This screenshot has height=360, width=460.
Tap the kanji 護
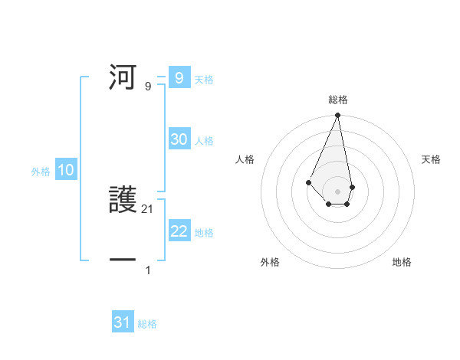coord(124,201)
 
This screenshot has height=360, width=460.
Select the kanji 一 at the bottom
coord(123,260)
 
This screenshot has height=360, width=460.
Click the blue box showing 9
coord(179,78)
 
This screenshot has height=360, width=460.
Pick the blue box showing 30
coord(179,139)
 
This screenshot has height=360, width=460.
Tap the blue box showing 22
coord(179,231)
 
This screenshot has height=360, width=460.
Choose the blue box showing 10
coord(66,171)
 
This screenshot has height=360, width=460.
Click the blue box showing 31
coord(123,322)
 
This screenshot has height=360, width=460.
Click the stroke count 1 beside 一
coord(148,270)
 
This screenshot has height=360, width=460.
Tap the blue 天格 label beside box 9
coord(204,80)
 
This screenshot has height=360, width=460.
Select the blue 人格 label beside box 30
coord(204,141)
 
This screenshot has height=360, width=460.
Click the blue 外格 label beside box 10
coord(41,172)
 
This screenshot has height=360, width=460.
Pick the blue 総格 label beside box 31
coord(147,324)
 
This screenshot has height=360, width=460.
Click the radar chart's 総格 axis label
coord(338,100)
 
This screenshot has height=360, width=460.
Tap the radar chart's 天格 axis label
coord(432,159)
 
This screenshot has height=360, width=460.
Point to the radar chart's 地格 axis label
coord(402,262)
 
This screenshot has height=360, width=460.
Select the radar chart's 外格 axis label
coord(270,262)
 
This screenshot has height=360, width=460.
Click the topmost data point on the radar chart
coord(337,115)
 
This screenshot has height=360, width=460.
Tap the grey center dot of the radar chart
coord(337,191)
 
